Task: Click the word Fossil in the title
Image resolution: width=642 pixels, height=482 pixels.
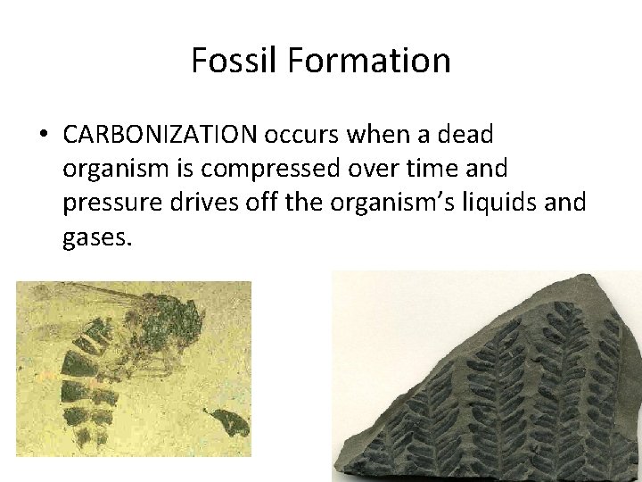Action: (234, 61)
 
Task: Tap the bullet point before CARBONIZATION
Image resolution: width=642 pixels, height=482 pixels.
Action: (43, 136)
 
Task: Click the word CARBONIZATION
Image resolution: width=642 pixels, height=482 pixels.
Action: (159, 136)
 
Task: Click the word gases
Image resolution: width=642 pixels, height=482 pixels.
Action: (97, 237)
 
